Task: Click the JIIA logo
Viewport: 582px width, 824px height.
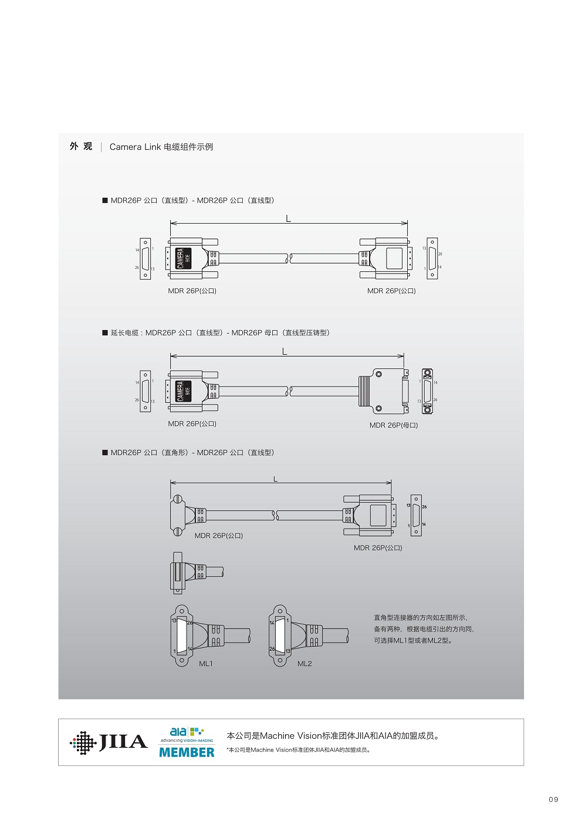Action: pos(109,742)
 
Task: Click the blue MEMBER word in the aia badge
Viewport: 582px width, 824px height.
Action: pos(187,752)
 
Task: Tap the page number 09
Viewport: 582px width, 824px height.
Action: pos(553,799)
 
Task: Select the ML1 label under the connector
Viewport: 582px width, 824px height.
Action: pos(205,664)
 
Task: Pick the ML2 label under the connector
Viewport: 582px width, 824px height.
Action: pos(304,664)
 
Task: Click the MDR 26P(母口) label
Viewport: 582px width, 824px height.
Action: pos(394,425)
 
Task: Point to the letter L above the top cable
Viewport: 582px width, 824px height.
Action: pos(288,218)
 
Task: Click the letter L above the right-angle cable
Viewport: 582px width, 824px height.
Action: pos(275,479)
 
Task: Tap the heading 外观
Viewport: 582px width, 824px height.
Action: pos(81,146)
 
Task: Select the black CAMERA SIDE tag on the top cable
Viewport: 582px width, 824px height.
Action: pos(184,258)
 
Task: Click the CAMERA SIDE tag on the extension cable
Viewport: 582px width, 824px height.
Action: pos(184,391)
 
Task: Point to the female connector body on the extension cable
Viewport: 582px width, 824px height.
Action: pos(384,391)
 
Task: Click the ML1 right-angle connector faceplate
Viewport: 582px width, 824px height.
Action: pos(181,635)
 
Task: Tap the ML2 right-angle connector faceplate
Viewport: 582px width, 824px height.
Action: pos(280,635)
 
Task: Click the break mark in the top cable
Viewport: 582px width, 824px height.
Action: pos(289,258)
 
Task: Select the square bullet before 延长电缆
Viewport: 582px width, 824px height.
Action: pos(105,333)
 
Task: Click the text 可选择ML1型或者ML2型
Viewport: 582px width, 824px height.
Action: pos(413,641)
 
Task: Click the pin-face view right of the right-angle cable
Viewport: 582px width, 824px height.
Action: pos(416,515)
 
